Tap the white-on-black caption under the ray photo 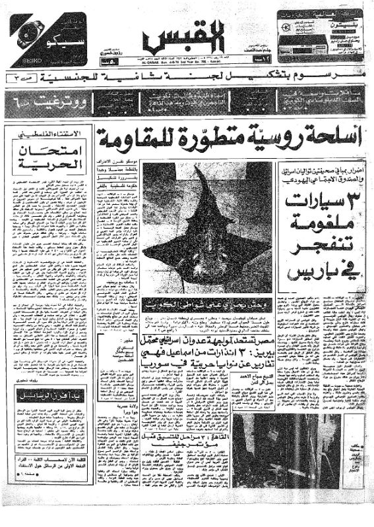tap(187, 304)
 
